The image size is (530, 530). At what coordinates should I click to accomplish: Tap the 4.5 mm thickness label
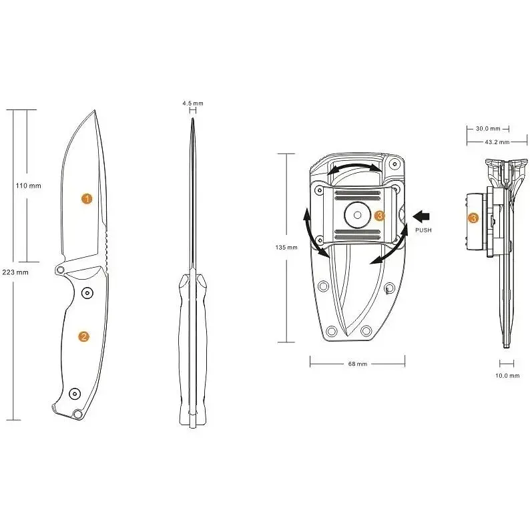pos(192,103)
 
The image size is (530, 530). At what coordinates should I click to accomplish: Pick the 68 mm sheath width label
pos(357,364)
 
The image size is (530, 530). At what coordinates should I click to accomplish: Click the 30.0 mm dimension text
pos(487,128)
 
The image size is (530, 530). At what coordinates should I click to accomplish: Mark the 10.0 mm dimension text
pos(507,376)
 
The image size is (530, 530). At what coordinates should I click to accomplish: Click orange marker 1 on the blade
pos(86,198)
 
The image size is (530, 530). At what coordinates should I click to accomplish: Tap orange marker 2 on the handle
pos(84,336)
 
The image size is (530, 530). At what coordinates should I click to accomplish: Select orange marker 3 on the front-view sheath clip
pos(379,216)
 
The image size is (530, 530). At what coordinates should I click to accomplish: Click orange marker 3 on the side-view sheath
pos(473,218)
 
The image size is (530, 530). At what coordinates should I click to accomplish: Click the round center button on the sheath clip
pos(357,216)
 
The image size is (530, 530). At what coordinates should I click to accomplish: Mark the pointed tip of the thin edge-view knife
pos(192,120)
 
